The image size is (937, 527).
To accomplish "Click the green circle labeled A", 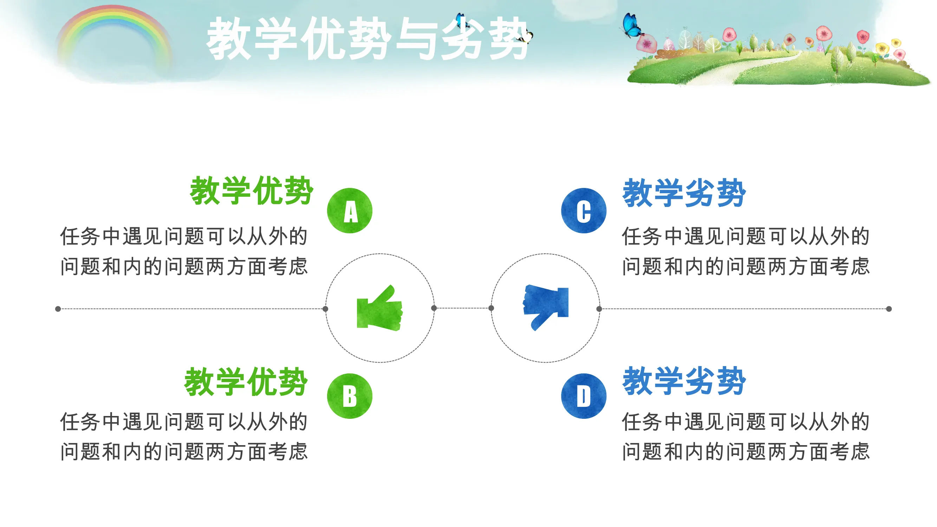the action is (350, 210).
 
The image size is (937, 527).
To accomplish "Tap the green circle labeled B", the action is (350, 396).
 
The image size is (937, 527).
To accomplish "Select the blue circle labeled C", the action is (584, 210).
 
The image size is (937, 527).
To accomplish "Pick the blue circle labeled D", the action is (584, 396).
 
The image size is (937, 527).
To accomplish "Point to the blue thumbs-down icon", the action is (545, 308).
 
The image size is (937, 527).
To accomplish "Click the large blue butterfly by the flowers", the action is (632, 25).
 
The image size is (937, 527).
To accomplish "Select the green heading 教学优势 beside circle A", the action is (251, 190).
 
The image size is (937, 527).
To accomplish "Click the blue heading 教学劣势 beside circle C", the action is (684, 193).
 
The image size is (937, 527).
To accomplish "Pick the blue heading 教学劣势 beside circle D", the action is (684, 381).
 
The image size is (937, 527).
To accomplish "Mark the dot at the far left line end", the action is (58, 309).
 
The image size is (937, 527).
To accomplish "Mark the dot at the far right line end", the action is (889, 309).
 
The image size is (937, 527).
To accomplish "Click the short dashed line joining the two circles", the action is (462, 308).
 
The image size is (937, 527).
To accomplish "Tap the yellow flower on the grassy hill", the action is (882, 48).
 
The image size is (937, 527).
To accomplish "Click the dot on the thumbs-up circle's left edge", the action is (325, 309).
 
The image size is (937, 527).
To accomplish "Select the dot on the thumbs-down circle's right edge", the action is (599, 309).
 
